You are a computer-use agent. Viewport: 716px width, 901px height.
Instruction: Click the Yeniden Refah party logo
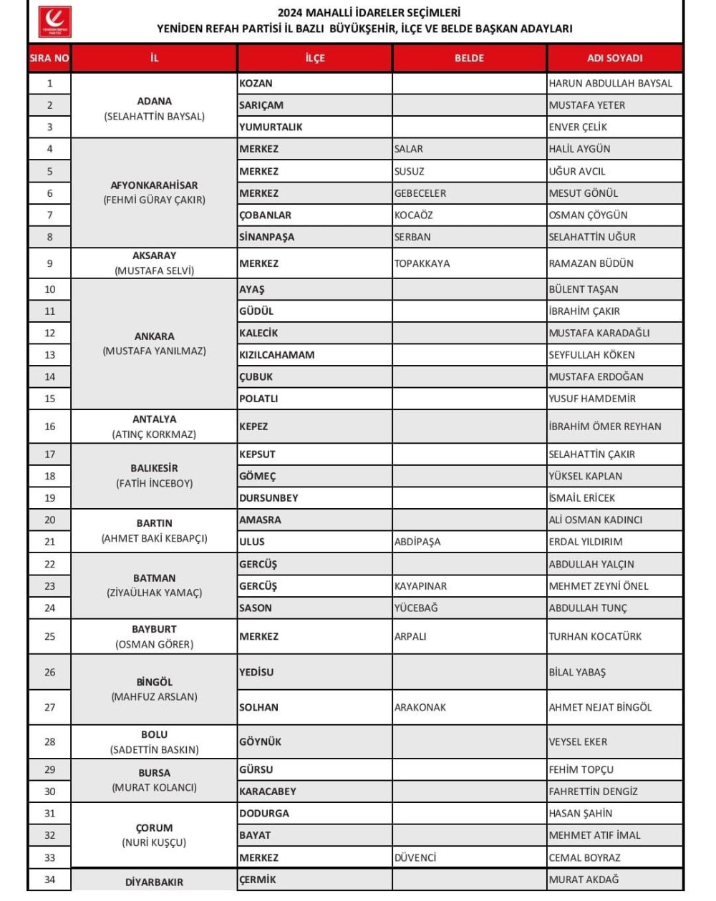coord(54,22)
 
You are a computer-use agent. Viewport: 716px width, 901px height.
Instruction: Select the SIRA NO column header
coord(49,58)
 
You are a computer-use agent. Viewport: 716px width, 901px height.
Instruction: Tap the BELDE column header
coord(469,58)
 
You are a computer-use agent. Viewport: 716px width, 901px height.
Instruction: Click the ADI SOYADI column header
coord(614,58)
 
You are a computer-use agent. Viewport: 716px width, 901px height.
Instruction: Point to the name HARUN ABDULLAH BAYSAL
coord(610,83)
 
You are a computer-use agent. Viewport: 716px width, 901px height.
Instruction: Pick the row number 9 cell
coord(49,263)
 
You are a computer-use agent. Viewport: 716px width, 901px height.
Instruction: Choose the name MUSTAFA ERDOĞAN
coord(596,376)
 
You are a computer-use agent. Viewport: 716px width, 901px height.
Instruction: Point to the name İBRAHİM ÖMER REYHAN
coord(605,426)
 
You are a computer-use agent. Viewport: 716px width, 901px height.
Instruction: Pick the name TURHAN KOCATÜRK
coord(595,636)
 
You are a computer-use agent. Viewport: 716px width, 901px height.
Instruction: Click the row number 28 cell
coord(49,741)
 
